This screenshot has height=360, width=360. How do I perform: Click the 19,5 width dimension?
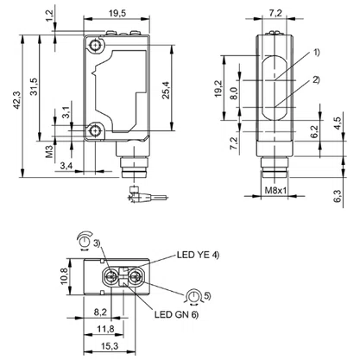117,13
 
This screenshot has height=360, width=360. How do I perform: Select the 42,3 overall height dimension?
17,100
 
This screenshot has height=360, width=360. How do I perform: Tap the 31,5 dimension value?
34,86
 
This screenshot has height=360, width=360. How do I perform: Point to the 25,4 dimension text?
166,90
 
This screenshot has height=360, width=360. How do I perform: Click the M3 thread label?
50,151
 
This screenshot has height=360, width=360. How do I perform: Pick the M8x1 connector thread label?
276,191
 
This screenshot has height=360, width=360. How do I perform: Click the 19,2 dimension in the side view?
218,88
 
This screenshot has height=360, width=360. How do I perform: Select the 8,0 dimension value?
235,93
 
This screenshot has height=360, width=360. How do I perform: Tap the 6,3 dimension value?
338,196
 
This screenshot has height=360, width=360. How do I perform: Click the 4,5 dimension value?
338,123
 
